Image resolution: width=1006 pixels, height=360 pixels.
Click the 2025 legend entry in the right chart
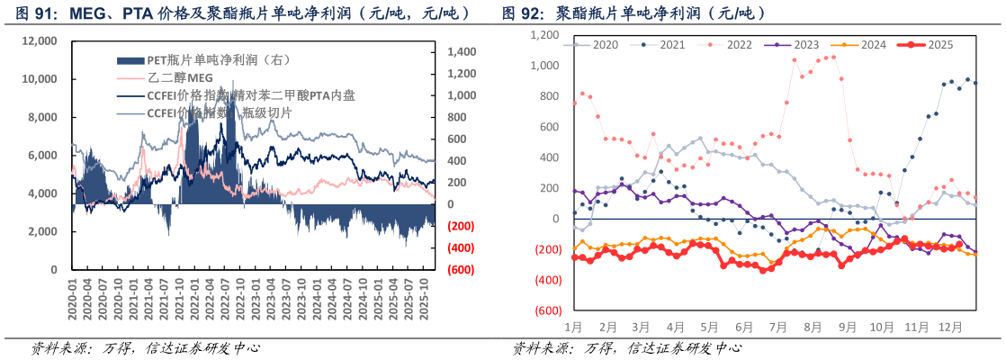coord(937,44)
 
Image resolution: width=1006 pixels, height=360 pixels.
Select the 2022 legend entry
coord(739,44)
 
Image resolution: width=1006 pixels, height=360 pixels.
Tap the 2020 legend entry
coord(605,44)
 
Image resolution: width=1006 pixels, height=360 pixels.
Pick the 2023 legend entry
coord(805,44)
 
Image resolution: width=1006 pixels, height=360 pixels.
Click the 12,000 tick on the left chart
coord(40,41)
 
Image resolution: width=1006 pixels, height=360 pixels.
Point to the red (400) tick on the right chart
coord(546,280)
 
